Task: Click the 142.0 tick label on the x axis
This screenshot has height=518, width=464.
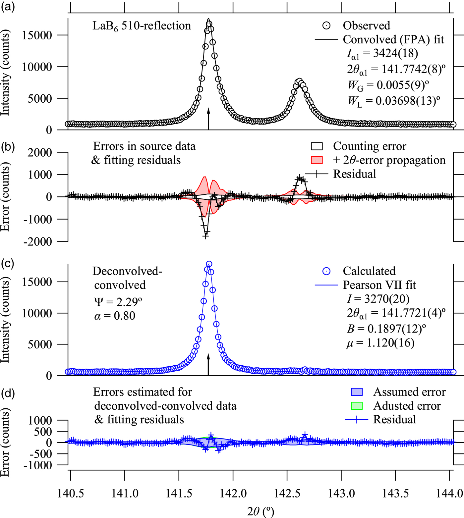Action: coord(233,493)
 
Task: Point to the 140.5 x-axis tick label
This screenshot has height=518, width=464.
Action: coord(71,493)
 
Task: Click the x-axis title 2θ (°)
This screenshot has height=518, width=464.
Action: coord(261,511)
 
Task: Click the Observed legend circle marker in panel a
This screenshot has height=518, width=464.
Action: coord(326,26)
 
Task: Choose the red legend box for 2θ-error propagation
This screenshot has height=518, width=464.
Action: coord(317,160)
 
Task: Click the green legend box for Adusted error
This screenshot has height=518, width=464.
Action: coord(357,406)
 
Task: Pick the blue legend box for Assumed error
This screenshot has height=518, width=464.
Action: coord(357,392)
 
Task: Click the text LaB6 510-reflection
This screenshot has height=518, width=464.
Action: coord(142,26)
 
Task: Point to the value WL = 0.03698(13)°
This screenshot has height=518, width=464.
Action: coord(394,101)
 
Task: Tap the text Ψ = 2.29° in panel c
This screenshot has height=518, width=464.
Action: coord(118,302)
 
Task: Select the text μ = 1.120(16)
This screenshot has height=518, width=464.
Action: coord(380,343)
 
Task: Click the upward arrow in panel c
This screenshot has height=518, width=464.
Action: coord(208,364)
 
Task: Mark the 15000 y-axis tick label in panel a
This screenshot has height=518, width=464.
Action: coord(37,35)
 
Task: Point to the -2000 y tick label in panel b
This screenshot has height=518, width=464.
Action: coord(37,241)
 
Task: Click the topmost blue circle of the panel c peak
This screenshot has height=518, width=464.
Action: coord(209,264)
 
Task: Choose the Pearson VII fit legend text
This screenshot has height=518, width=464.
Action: coord(379,285)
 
